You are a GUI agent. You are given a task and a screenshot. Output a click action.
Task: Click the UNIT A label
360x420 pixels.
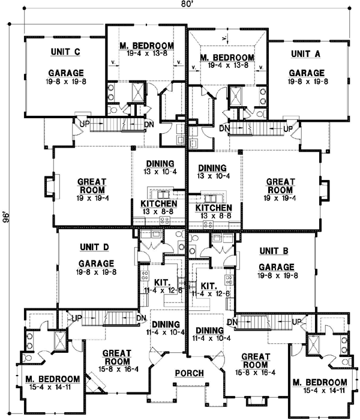[x=306, y=53]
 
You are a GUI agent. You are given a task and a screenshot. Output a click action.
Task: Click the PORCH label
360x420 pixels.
[x=189, y=373]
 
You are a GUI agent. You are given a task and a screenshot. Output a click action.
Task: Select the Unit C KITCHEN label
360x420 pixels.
[x=158, y=204]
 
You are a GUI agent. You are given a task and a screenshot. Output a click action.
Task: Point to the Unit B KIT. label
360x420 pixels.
[x=209, y=286]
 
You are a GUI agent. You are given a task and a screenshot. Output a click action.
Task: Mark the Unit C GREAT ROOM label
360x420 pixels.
[x=92, y=185]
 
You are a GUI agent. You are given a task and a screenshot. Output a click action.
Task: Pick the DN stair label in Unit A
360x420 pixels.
[x=224, y=128]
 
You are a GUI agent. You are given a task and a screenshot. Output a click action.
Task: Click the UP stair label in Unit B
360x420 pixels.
[x=295, y=322]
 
